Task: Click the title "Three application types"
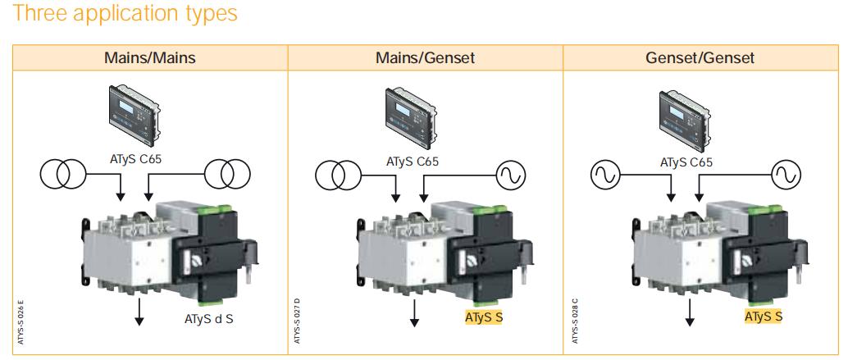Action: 125,13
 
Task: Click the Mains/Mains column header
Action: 150,58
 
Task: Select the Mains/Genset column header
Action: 425,58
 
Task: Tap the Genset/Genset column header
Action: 700,58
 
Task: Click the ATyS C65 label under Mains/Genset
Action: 413,162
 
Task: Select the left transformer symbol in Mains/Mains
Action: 63,174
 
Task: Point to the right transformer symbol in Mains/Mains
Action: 227,174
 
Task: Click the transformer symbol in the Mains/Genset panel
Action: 339,175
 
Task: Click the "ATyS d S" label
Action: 209,319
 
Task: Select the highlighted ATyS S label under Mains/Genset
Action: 484,317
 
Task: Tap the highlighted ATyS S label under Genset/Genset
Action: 764,317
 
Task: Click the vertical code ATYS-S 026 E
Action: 21,321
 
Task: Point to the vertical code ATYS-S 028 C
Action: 575,320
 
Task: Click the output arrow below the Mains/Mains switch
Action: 139,312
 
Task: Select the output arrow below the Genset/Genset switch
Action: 690,313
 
